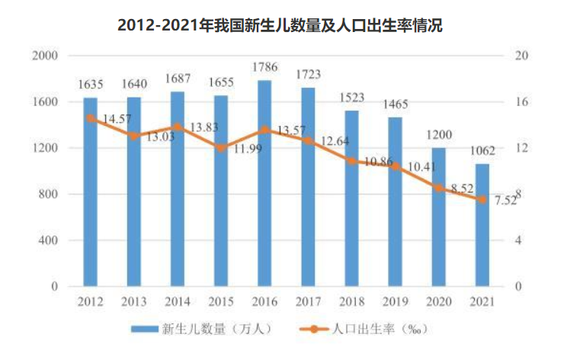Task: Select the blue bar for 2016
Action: (264, 183)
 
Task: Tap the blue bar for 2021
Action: (482, 225)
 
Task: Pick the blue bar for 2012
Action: (90, 192)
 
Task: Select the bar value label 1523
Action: (351, 98)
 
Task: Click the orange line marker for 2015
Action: (221, 148)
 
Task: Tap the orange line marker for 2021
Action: (482, 200)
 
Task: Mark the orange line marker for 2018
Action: (351, 161)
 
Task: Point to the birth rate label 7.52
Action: (504, 201)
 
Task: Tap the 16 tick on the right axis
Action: (521, 102)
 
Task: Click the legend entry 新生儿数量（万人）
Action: (201, 329)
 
